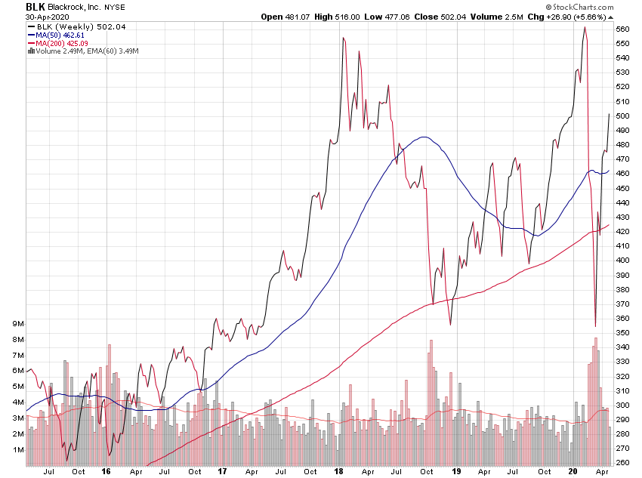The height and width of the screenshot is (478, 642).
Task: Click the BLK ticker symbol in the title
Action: point(35,7)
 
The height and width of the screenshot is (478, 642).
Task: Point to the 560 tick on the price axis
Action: point(622,29)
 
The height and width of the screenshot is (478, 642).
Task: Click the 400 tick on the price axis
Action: point(622,260)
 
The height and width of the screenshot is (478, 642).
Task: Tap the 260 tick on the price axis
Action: point(622,462)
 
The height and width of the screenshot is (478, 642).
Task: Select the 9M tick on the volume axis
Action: point(17,323)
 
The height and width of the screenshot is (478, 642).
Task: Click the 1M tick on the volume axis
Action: point(17,450)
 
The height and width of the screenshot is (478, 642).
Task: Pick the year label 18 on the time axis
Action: point(341,472)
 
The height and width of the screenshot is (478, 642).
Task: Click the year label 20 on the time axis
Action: point(573,472)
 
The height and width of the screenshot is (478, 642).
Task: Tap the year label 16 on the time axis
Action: point(106,472)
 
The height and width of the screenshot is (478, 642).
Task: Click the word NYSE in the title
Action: point(115,8)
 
